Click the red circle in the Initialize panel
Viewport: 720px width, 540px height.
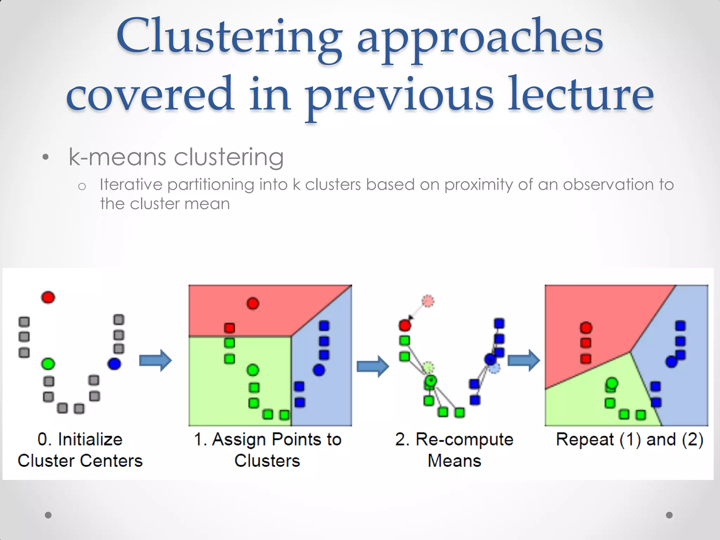pos(48,297)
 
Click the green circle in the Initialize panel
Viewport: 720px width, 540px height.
pos(48,364)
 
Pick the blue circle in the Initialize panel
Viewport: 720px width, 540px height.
pos(114,364)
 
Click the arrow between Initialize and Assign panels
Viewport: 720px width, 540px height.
pos(155,360)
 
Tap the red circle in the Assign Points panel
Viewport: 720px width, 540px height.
pos(253,303)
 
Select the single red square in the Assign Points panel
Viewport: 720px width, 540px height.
pos(229,328)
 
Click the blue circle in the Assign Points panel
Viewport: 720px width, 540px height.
pos(319,370)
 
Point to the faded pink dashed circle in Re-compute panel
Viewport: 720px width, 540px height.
pos(428,301)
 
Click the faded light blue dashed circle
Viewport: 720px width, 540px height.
pos(494,368)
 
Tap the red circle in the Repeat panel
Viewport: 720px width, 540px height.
pos(586,328)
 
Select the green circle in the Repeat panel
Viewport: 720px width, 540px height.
pos(612,383)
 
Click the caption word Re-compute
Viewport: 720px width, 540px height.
pos(464,439)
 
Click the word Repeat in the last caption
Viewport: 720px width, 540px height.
pos(585,439)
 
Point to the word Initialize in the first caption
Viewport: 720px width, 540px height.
pos(90,439)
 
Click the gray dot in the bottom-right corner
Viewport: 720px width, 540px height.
pos(669,515)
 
